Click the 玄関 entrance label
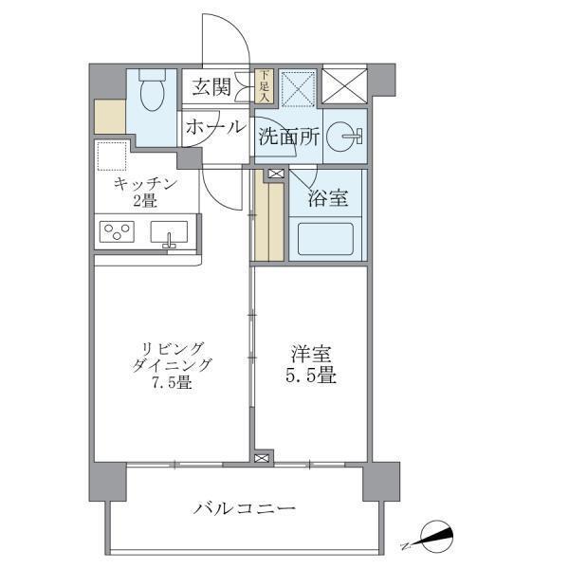[x=212, y=87]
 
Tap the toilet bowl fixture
[x=152, y=93]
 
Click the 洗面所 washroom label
[x=288, y=137]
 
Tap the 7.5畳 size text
[x=173, y=383]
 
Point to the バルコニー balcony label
[x=245, y=509]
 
